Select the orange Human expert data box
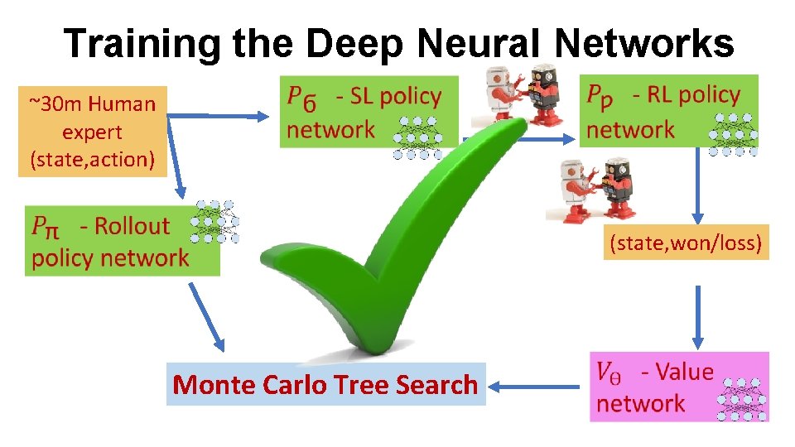click(92, 132)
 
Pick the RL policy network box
click(667, 111)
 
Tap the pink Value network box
click(678, 387)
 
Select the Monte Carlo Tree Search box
click(325, 384)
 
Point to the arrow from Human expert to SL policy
click(219, 117)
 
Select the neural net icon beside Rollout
click(214, 221)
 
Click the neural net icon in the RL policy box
click(734, 132)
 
